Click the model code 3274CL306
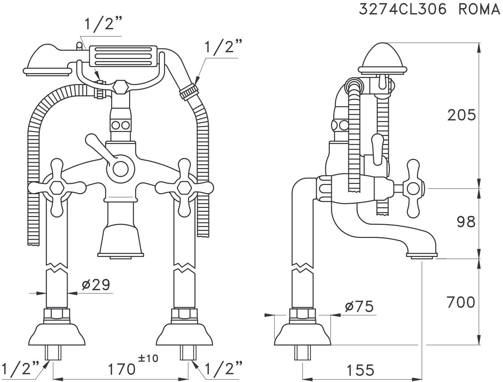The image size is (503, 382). tap(402, 9)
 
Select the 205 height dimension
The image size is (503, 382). tap(461, 115)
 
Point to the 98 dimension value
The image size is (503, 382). tap(466, 222)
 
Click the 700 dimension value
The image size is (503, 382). tap(461, 302)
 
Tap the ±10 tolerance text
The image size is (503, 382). tap(149, 358)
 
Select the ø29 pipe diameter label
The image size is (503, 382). tap(96, 284)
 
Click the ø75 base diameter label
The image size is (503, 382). tap(359, 306)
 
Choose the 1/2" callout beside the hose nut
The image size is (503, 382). tap(224, 46)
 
